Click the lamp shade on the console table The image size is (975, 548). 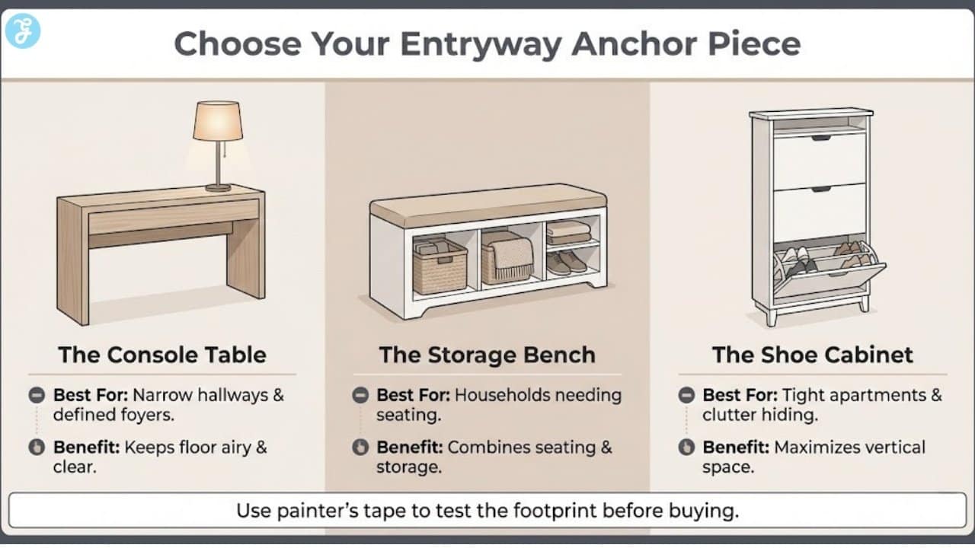click(218, 121)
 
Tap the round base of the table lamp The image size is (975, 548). click(218, 187)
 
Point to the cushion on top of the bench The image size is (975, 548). click(487, 202)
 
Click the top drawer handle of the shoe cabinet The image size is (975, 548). click(820, 138)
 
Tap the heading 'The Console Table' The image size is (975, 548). click(162, 355)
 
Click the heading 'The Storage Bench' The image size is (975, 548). click(487, 355)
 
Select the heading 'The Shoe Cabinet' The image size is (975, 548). click(812, 355)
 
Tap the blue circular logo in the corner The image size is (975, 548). click(22, 31)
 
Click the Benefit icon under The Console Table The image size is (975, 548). click(37, 448)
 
